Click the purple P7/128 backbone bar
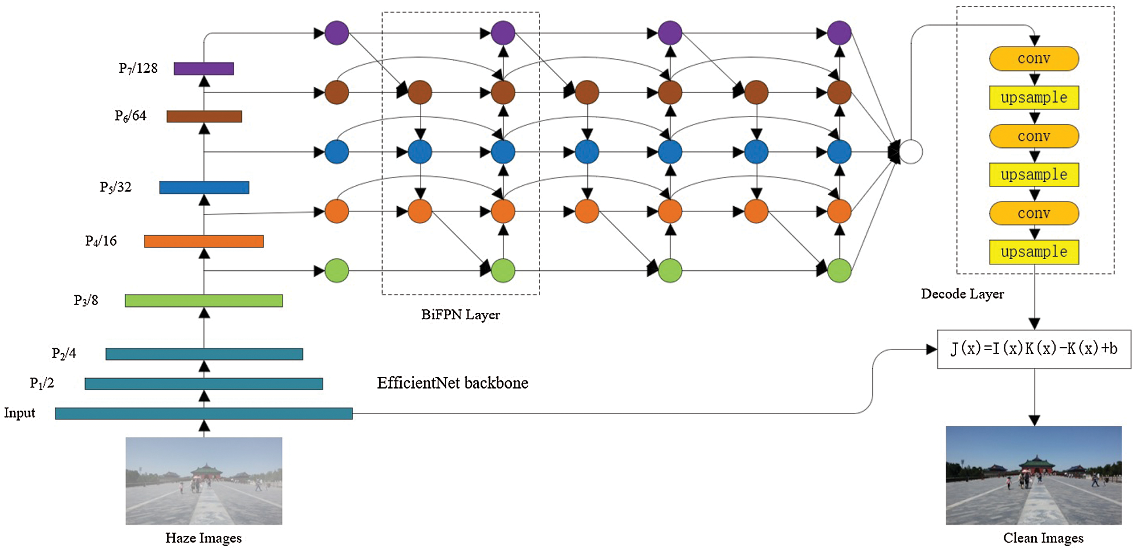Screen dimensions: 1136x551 [x=204, y=69]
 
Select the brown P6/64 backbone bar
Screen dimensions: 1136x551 [x=204, y=116]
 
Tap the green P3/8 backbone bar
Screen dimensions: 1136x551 [x=204, y=301]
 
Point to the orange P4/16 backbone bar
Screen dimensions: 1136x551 [x=204, y=241]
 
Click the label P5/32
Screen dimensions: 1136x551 [x=115, y=187]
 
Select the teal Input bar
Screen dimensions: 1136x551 [x=204, y=414]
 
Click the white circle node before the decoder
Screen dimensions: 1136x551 [x=911, y=152]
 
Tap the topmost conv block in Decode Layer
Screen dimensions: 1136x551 [x=1034, y=59]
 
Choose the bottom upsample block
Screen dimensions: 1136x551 [x=1034, y=252]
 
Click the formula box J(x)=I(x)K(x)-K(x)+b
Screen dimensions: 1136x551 [x=1034, y=349]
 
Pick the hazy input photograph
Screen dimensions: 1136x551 [x=204, y=481]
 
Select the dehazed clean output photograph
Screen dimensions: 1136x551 [x=1034, y=475]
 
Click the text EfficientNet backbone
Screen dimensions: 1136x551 [x=453, y=383]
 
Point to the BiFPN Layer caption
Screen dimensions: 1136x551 [x=461, y=315]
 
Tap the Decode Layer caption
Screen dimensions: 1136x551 [x=962, y=294]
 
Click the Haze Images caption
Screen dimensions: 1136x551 [x=203, y=538]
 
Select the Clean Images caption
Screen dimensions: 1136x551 [x=1043, y=538]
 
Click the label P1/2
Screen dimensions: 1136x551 [x=42, y=383]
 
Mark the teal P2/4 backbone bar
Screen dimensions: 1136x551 [x=204, y=354]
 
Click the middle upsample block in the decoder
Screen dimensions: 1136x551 [x=1034, y=175]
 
